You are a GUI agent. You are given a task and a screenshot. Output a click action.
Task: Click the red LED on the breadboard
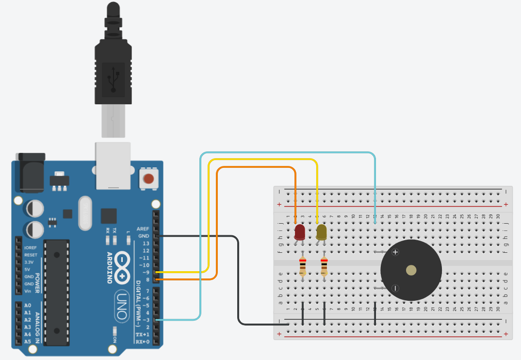300,232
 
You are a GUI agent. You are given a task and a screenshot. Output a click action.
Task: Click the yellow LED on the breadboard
321,232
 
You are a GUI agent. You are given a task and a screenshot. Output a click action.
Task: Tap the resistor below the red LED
303,267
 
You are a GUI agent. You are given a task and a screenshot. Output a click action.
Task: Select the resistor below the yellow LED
324,267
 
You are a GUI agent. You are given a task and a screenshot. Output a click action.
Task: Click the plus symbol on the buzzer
395,252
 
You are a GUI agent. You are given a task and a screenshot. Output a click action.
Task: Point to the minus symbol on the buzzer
395,288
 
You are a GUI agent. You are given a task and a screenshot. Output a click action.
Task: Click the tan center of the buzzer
411,270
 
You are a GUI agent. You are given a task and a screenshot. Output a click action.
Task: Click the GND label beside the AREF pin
143,236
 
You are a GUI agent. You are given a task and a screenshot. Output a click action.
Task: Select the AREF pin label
143,229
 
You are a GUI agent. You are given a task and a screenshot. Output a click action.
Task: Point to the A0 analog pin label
28,305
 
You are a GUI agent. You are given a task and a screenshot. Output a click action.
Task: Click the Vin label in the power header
29,291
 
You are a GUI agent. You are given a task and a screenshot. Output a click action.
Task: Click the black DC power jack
30,172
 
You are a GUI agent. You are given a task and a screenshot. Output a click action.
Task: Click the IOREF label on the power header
31,247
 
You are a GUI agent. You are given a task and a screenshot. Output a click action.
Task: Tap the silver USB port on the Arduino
113,165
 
